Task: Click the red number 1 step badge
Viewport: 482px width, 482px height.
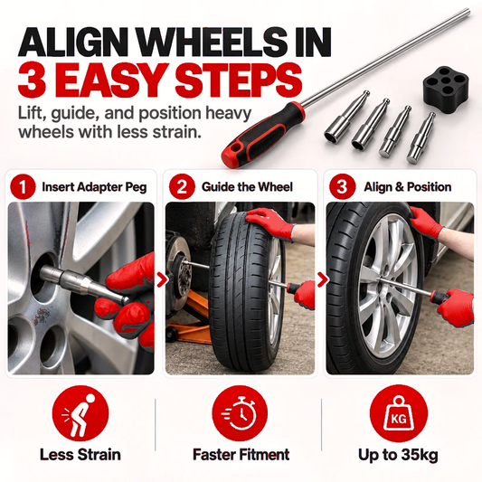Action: (23, 186)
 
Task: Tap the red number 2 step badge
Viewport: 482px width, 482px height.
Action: (182, 186)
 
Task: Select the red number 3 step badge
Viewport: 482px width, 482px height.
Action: (342, 186)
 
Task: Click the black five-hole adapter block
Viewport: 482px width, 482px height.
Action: (444, 84)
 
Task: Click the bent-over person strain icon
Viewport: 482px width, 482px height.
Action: (80, 414)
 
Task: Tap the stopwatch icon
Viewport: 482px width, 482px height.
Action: (240, 414)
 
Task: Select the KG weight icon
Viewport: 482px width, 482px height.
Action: (399, 414)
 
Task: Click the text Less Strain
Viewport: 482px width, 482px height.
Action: (80, 455)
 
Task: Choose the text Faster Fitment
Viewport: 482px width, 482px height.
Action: (241, 455)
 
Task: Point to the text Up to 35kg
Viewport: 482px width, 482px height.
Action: (398, 455)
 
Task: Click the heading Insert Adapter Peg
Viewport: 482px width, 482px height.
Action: (94, 187)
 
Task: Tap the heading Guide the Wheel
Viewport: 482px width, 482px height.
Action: (247, 187)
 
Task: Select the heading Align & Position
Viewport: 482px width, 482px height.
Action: (408, 187)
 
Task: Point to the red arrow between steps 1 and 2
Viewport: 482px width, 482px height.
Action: (163, 280)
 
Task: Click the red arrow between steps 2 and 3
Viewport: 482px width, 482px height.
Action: (323, 280)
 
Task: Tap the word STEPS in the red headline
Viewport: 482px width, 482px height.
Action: (238, 80)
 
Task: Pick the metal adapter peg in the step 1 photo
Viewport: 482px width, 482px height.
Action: (83, 283)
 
